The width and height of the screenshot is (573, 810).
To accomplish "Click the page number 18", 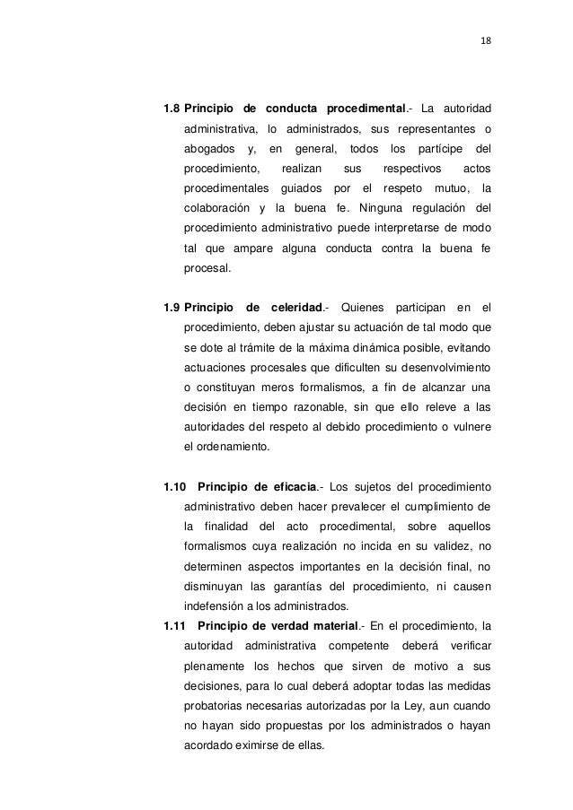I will [487, 39].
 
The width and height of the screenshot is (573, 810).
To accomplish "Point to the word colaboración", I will [216, 209].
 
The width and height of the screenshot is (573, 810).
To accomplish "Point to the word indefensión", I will [212, 606].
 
